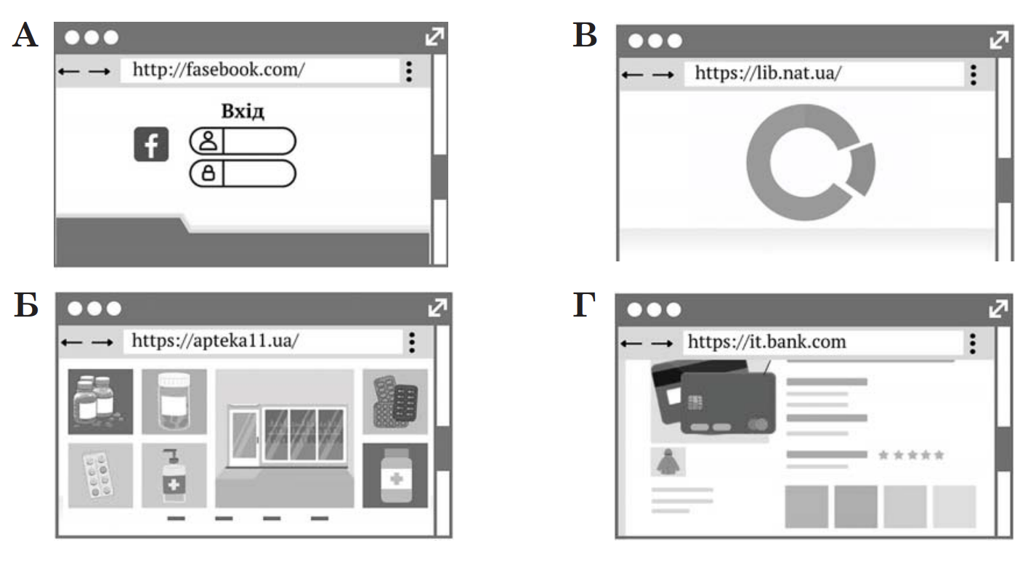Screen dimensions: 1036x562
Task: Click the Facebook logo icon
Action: (x=151, y=144)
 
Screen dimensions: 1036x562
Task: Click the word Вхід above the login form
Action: (x=243, y=111)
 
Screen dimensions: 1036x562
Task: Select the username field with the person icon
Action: (x=243, y=141)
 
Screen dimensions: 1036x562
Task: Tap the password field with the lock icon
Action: (x=243, y=174)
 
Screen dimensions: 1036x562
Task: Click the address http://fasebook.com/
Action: (x=219, y=70)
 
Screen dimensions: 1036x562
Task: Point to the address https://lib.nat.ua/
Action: (x=768, y=73)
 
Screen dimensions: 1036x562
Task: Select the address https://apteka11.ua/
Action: (x=216, y=341)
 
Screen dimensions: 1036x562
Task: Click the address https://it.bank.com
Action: (x=766, y=342)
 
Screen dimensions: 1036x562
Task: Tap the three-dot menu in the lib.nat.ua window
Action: (x=974, y=75)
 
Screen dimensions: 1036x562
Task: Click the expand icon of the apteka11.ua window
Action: (x=437, y=308)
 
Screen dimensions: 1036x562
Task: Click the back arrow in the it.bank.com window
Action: (x=631, y=343)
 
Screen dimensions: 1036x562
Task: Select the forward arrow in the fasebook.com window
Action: (x=100, y=72)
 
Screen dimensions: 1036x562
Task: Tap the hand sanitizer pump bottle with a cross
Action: (x=174, y=476)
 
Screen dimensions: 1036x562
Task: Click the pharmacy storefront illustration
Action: (x=285, y=438)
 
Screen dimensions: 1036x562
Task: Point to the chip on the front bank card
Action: (x=695, y=403)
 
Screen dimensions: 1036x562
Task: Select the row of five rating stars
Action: (x=911, y=455)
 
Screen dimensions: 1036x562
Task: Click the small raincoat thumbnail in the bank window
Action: (x=668, y=461)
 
